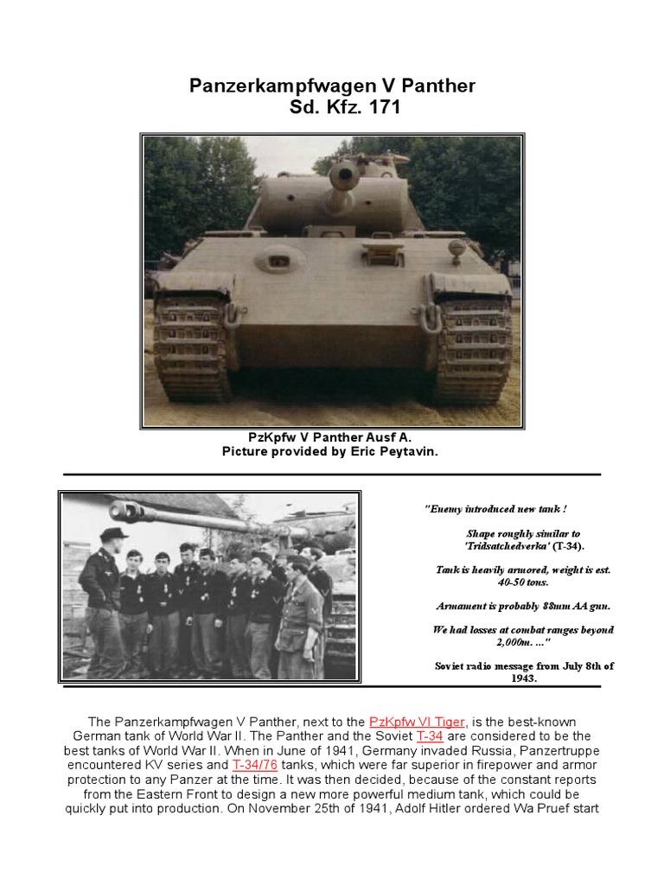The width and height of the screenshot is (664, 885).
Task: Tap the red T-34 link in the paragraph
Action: coord(430,736)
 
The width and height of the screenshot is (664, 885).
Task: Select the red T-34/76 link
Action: coord(254,766)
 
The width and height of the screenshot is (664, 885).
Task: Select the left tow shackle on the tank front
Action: coord(231,316)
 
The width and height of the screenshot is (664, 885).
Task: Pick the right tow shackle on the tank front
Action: coord(431,316)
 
